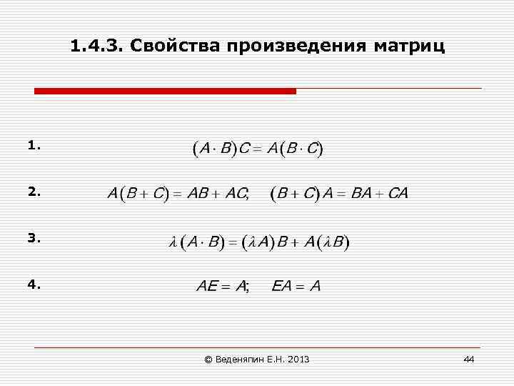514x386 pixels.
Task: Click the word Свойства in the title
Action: (178, 47)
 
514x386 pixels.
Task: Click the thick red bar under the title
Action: (165, 91)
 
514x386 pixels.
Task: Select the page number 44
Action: (468, 359)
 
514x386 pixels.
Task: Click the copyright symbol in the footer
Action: (208, 359)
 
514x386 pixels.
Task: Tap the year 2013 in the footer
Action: (299, 359)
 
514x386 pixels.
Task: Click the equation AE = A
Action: (222, 287)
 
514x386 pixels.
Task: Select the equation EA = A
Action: (296, 287)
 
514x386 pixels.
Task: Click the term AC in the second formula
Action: (234, 194)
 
